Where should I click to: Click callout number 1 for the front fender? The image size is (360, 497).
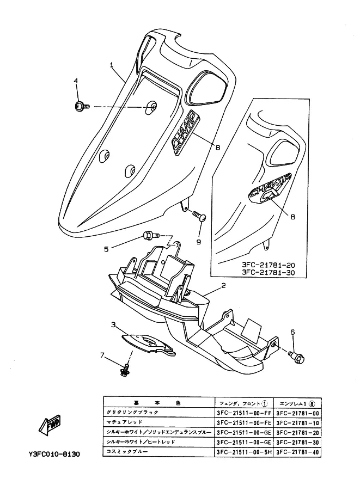coord(112,65)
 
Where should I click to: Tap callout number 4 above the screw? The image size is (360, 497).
coord(76,81)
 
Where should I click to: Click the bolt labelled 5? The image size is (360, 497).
coord(148,236)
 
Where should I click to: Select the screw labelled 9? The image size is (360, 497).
coord(200,217)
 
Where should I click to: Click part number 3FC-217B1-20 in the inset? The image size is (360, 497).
coord(268,265)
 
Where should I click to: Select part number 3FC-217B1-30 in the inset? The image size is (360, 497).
coord(268,273)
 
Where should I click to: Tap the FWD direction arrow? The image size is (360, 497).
coord(48,422)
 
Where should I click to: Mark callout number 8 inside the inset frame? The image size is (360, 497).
coord(292,216)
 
